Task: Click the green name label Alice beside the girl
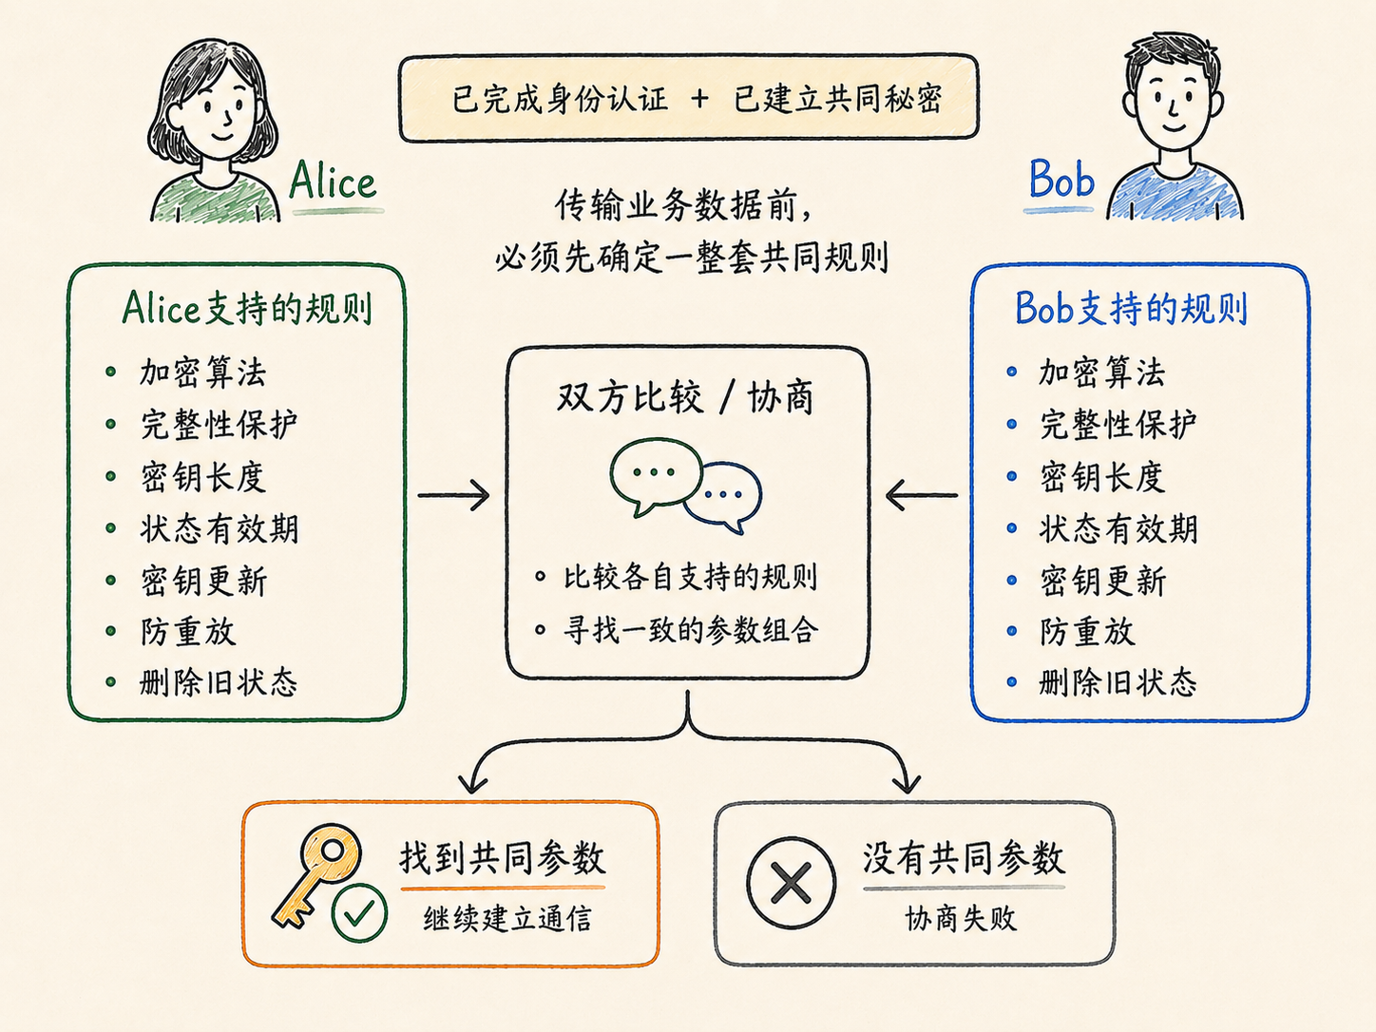point(333,180)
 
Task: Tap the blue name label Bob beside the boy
point(1061,179)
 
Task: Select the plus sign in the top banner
point(699,99)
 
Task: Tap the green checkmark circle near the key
point(358,912)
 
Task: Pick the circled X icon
point(792,882)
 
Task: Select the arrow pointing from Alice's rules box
point(453,496)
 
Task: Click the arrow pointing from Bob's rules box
point(922,495)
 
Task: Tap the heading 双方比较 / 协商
point(685,397)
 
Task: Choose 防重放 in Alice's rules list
point(187,631)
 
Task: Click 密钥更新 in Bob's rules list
point(1102,581)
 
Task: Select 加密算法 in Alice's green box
point(203,373)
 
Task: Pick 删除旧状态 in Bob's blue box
point(1118,682)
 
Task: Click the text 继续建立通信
point(507,919)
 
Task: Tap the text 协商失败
point(961,919)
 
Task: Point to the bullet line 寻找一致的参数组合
point(691,629)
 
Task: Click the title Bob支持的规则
point(1131,308)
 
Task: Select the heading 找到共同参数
point(503,858)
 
